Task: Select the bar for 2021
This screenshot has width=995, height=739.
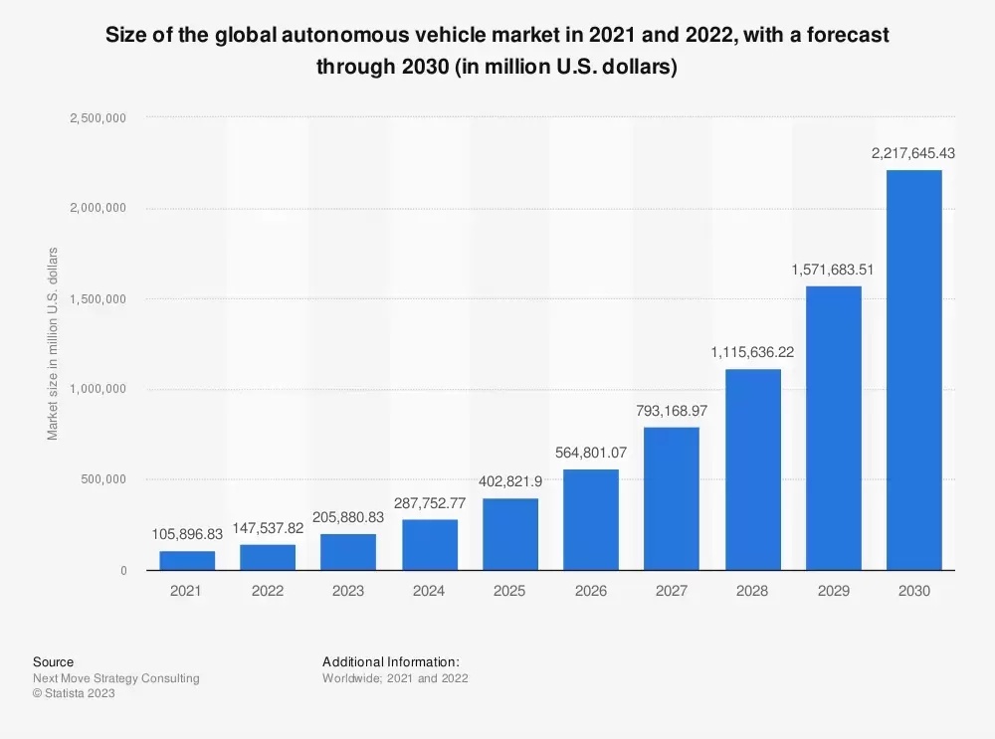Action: (186, 560)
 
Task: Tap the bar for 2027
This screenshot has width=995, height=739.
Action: (672, 498)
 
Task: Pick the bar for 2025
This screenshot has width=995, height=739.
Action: (509, 534)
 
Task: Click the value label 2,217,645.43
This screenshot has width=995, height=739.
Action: (913, 153)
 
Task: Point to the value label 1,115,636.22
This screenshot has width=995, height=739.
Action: (752, 352)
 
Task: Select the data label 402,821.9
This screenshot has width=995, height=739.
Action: (509, 481)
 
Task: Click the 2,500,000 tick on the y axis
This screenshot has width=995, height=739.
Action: (98, 118)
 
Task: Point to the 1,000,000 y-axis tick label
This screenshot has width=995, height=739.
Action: (98, 390)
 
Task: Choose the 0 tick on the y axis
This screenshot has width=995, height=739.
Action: (122, 571)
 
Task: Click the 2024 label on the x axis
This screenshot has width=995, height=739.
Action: (429, 591)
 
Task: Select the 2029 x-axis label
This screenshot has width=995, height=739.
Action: (833, 591)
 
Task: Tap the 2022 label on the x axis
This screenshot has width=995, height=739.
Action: (267, 591)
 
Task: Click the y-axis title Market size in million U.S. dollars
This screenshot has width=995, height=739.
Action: (52, 344)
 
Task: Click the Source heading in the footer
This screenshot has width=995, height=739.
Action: (53, 661)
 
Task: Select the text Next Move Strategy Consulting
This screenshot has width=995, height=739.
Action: (115, 678)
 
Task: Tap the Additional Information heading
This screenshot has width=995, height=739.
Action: (391, 661)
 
